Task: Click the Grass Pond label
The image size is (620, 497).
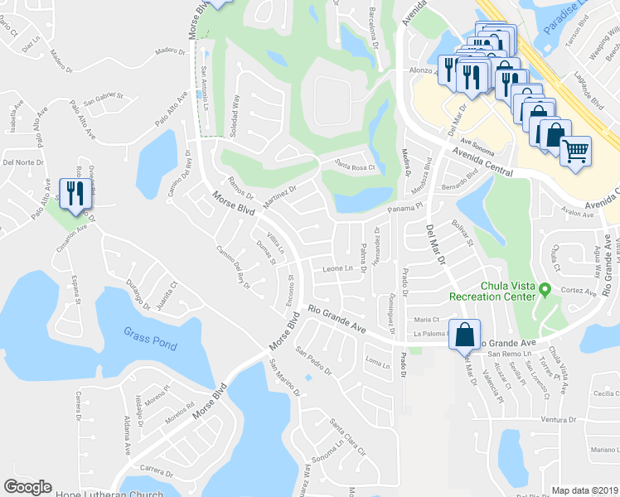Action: [146, 333]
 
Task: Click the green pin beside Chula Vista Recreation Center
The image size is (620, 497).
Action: [544, 290]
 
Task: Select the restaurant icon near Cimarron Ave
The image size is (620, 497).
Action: [73, 194]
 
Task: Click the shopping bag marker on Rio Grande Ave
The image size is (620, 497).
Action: [465, 335]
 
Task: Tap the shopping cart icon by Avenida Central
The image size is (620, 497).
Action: [575, 151]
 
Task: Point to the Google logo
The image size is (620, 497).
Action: [28, 487]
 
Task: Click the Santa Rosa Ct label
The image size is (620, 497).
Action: [355, 166]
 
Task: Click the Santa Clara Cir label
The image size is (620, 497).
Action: [347, 437]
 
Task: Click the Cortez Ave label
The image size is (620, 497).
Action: [579, 292]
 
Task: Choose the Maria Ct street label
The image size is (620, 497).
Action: [425, 319]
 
